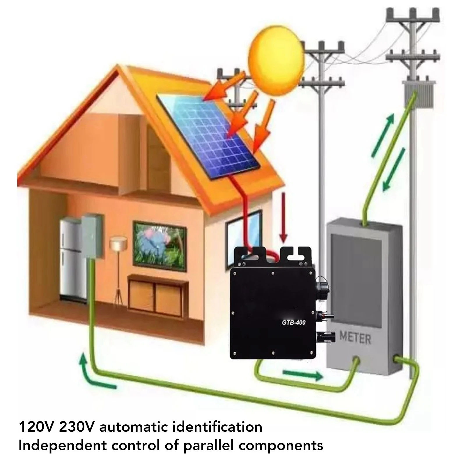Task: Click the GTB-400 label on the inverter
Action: coord(293,322)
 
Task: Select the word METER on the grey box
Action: coord(355,339)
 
